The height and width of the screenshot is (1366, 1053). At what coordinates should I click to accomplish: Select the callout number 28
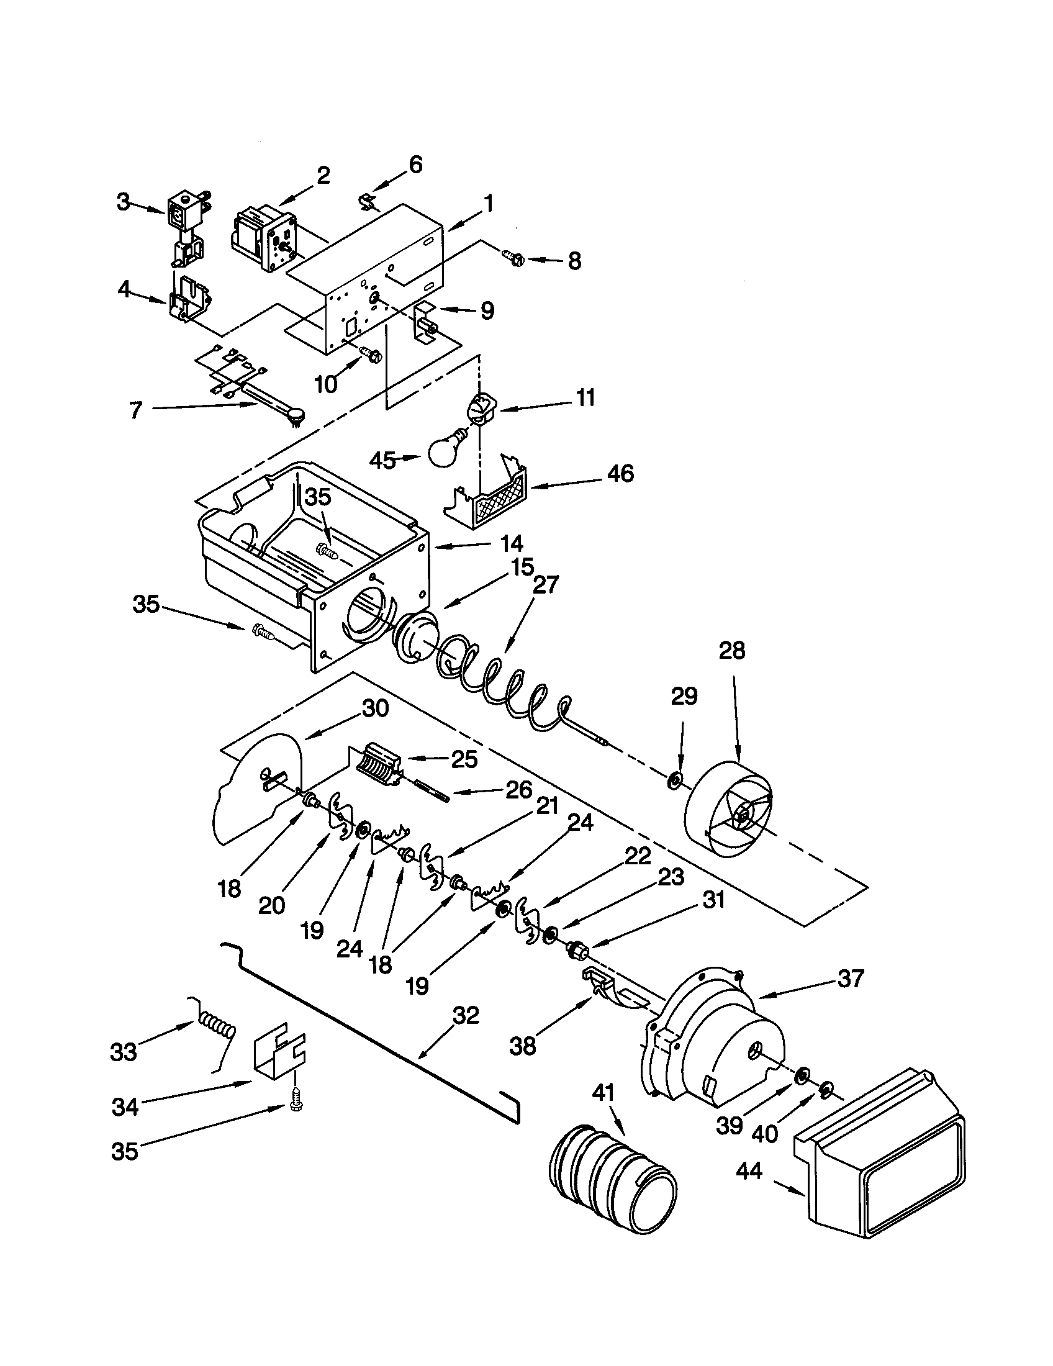tap(732, 651)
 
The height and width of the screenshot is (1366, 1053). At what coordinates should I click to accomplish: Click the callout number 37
tap(851, 978)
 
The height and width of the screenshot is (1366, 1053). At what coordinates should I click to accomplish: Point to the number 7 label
tap(136, 410)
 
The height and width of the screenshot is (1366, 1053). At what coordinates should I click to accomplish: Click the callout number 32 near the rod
tap(465, 1015)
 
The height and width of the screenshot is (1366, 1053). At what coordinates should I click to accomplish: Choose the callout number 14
tap(510, 543)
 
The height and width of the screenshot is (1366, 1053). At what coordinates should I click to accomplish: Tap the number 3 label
tap(124, 202)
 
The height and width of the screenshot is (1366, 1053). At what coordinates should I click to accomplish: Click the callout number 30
tap(375, 708)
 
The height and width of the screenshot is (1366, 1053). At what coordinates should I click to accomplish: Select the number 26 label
tap(518, 790)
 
